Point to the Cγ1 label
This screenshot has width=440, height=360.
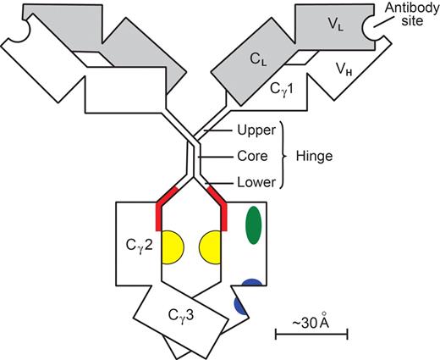pos(285,87)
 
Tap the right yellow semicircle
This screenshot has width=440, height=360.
pos(211,248)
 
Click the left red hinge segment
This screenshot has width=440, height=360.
pos(162,208)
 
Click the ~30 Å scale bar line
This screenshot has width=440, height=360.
pos(311,339)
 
